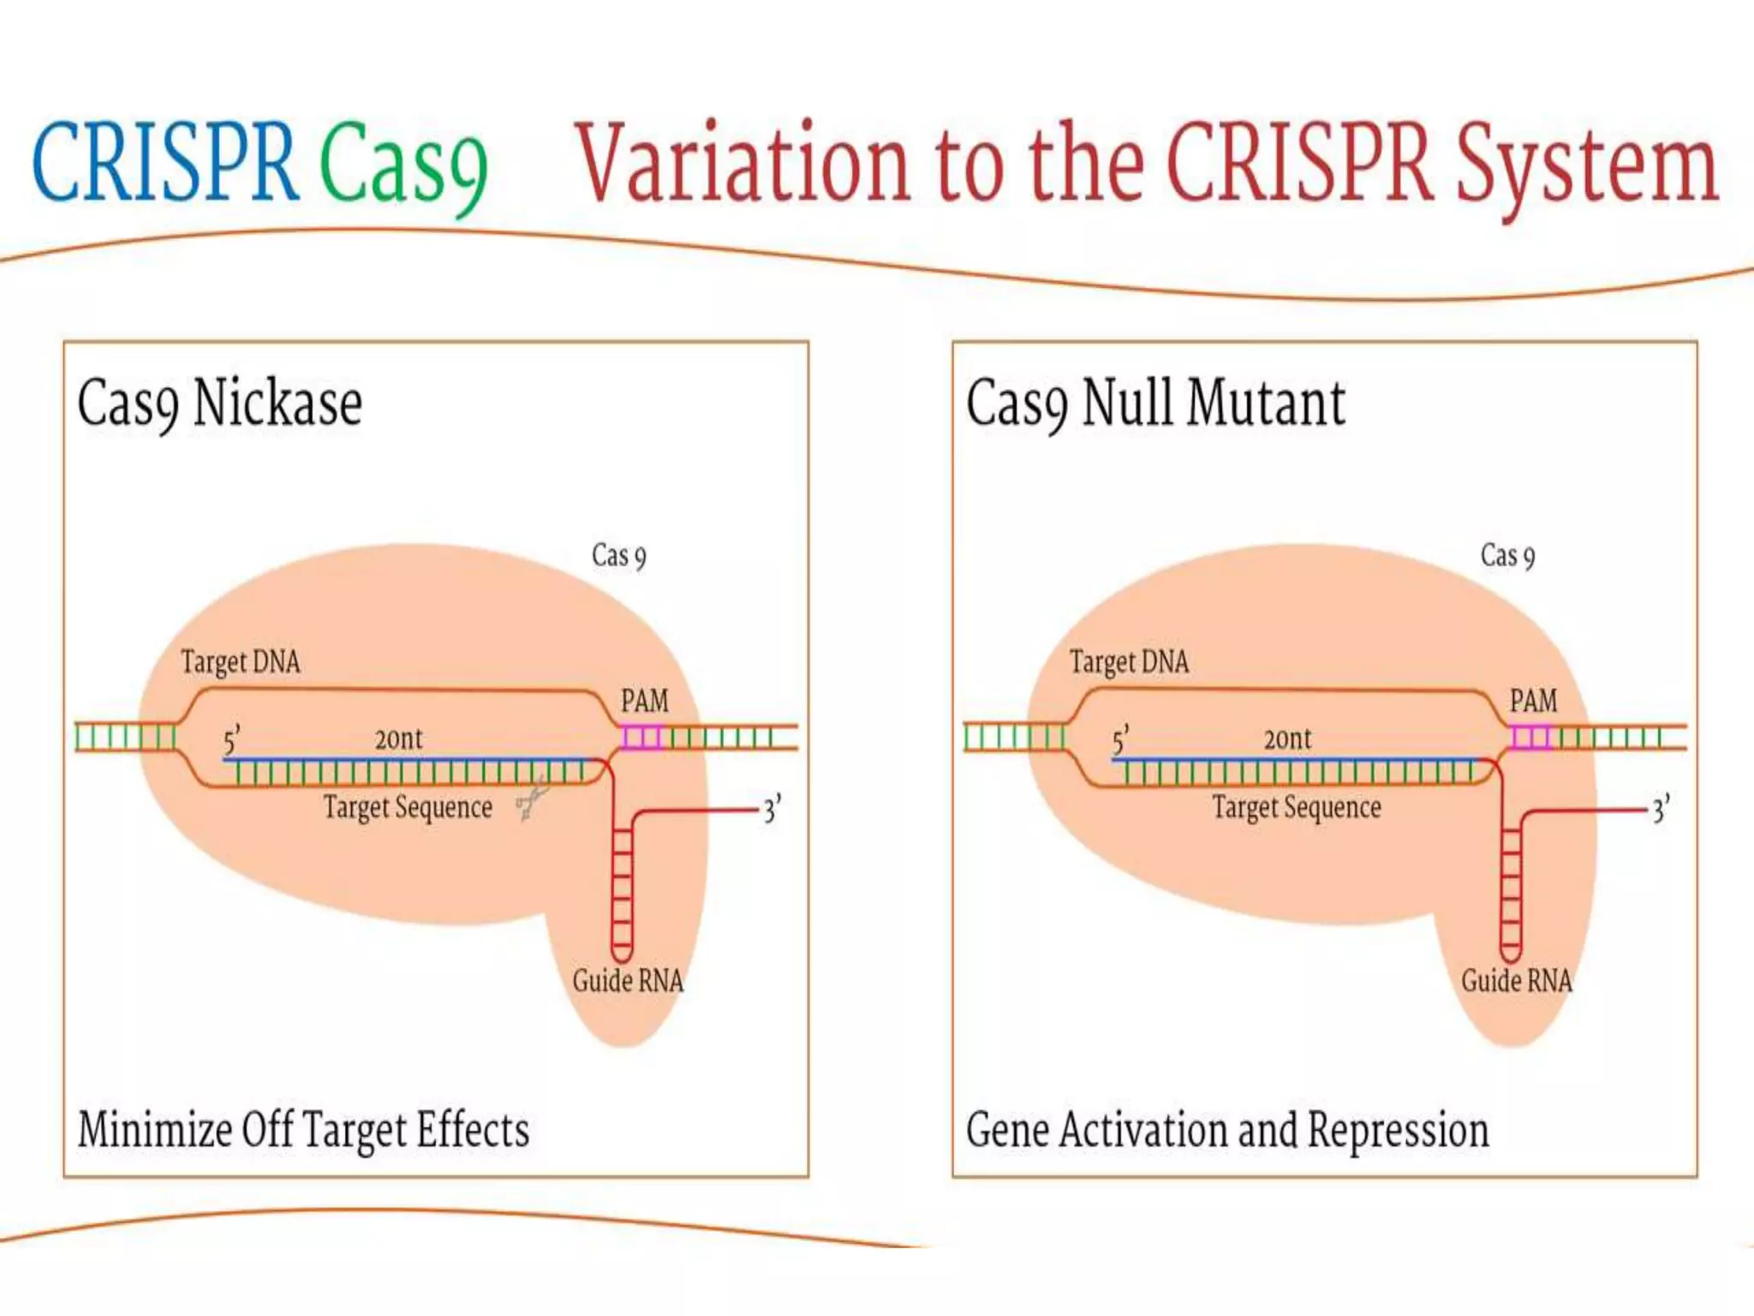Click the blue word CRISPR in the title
(x=165, y=162)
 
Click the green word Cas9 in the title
(x=403, y=164)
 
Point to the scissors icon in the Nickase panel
(x=532, y=802)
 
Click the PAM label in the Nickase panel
(x=644, y=701)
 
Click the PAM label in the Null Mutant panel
(x=1533, y=701)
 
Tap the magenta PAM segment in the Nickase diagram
(x=641, y=737)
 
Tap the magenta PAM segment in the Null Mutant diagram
(x=1530, y=737)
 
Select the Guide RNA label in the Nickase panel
(x=628, y=980)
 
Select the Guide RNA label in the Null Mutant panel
(x=1517, y=980)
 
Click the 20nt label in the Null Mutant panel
(x=1287, y=739)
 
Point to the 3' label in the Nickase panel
(x=772, y=809)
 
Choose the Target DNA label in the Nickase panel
(x=241, y=662)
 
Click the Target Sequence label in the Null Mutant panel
(x=1297, y=807)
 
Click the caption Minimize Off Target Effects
(x=303, y=1130)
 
